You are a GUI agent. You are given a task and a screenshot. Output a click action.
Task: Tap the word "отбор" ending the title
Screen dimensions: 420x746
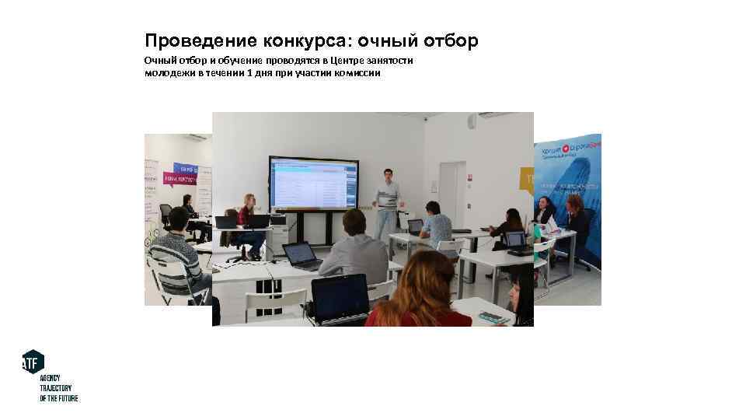(452, 40)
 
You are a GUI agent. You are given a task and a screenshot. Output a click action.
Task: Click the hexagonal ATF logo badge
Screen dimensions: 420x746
(33, 362)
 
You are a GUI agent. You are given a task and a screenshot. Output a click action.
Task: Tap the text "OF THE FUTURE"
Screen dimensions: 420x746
(59, 398)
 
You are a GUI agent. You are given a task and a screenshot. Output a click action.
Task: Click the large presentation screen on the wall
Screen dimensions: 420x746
(313, 183)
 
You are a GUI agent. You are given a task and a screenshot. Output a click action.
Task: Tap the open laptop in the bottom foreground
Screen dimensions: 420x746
(340, 297)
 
